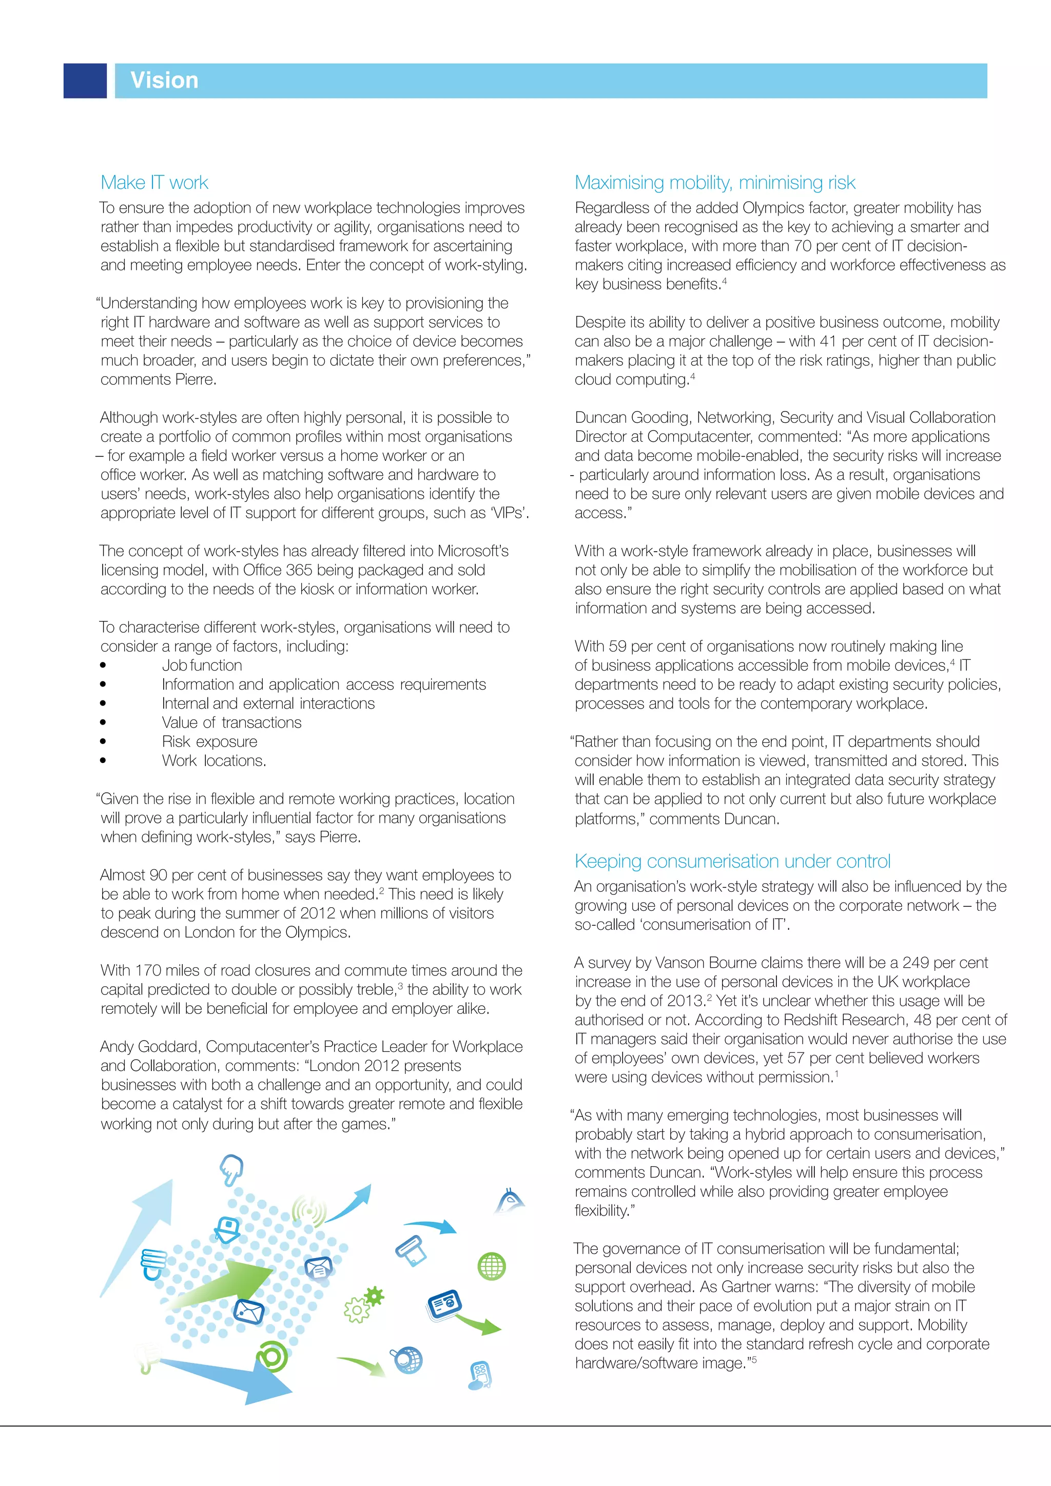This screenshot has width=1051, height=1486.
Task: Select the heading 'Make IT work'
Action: pyautogui.click(x=154, y=183)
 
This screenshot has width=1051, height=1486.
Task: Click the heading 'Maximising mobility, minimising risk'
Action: pyautogui.click(x=714, y=183)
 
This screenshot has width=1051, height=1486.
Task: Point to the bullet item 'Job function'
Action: pyautogui.click(x=201, y=666)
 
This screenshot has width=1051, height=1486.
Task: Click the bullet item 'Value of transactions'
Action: pyautogui.click(x=231, y=722)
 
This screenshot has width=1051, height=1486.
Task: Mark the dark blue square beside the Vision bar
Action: pyautogui.click(x=85, y=81)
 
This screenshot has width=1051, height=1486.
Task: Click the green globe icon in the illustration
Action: pyautogui.click(x=491, y=1266)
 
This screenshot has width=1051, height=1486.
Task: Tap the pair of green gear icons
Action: pyautogui.click(x=364, y=1304)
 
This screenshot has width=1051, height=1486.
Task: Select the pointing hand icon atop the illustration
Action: pyautogui.click(x=231, y=1168)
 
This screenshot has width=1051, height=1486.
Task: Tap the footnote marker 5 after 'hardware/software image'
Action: pyautogui.click(x=754, y=1359)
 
